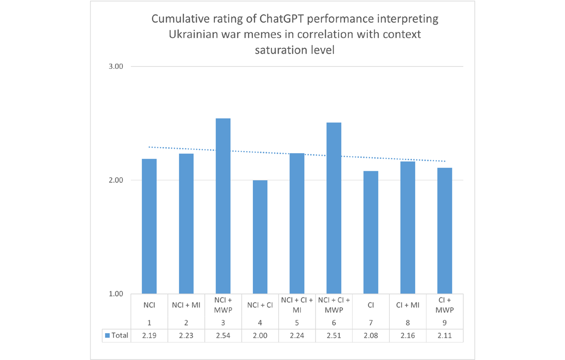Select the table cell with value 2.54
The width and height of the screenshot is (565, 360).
click(x=223, y=335)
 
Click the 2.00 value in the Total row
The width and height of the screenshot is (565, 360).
click(x=260, y=335)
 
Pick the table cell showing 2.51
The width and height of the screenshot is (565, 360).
click(x=334, y=335)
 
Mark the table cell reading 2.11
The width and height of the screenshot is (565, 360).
click(x=445, y=335)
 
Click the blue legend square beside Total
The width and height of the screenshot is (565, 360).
click(x=107, y=335)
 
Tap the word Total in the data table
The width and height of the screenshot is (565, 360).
click(x=120, y=335)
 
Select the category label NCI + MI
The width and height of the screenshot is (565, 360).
click(x=186, y=305)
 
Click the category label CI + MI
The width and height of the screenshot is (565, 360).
click(x=408, y=305)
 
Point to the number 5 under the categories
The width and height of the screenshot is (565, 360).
click(x=297, y=323)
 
